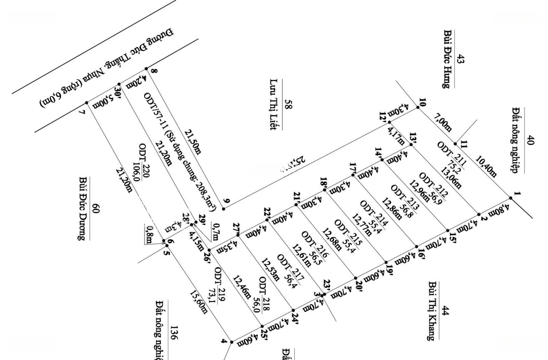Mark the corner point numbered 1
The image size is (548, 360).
click(x=510, y=197)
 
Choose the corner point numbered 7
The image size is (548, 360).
click(x=87, y=103)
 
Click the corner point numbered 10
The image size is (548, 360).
click(x=418, y=106)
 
